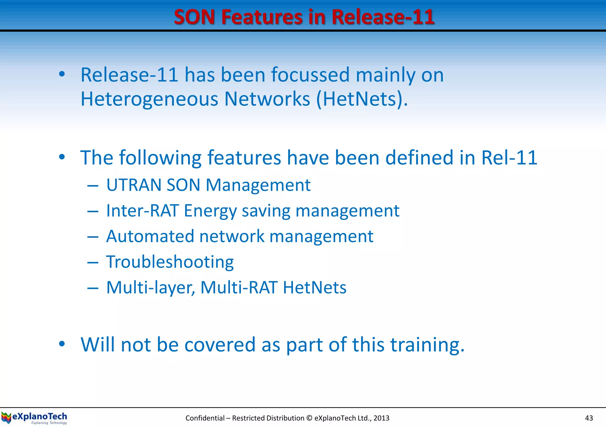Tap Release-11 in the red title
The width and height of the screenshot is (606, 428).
coord(383,17)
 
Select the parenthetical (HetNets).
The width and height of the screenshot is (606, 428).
coord(362,99)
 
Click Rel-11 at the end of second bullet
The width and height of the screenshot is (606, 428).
coord(509,158)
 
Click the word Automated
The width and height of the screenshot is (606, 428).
coord(150,236)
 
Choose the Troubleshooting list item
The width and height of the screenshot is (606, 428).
coord(170,262)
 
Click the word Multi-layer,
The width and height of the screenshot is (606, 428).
coord(151,288)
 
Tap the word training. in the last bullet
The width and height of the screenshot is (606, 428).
coord(427,345)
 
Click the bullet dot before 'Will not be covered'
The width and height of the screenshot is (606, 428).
coord(62,344)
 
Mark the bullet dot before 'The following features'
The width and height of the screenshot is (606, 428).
coord(62,157)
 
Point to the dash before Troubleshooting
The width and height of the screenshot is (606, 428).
coord(93,262)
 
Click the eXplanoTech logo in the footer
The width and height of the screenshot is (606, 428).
coord(34,418)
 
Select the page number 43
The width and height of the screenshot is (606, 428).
coord(589,418)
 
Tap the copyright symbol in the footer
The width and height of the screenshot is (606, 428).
coord(309,418)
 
